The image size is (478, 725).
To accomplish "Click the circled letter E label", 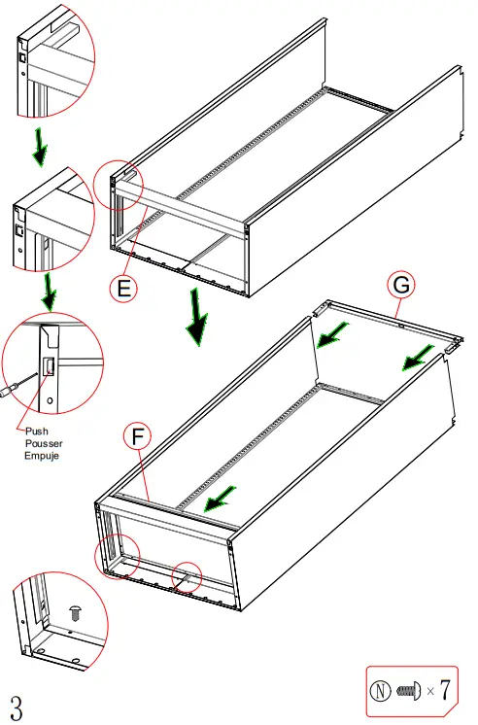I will tap(123, 288).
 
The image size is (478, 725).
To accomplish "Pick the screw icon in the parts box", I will tap(408, 691).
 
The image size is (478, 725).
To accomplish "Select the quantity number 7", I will tap(444, 691).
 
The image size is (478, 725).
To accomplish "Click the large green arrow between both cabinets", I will tap(197, 317).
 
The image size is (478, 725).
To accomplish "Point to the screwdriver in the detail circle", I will tap(10, 390).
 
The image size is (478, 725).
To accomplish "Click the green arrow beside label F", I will tap(218, 500).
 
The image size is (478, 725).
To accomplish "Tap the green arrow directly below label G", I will tap(419, 356).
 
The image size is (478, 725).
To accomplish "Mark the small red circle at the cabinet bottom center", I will tap(187, 576).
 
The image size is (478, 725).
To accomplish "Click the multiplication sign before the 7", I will tap(428, 692).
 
